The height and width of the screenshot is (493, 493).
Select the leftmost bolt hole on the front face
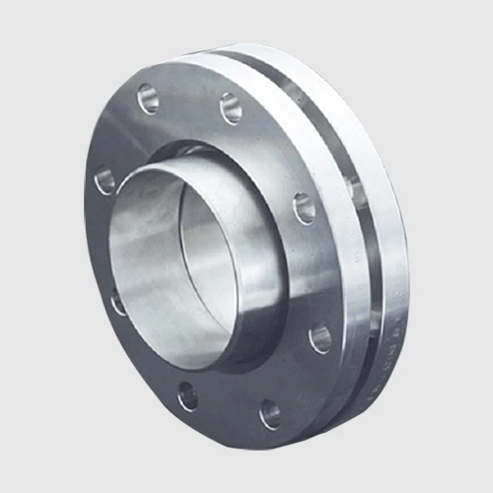[106, 179]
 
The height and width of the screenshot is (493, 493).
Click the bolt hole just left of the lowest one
[187, 397]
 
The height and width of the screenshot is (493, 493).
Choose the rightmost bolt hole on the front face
[320, 339]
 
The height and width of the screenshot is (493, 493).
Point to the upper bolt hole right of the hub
[305, 208]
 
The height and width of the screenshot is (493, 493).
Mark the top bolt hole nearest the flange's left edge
[149, 98]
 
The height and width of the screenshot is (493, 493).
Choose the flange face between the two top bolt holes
[190, 99]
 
